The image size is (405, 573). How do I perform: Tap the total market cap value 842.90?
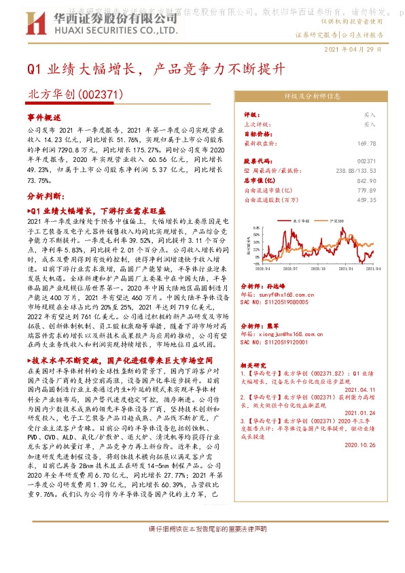(x=366, y=181)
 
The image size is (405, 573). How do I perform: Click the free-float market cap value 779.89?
(x=366, y=191)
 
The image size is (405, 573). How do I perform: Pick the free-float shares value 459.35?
(x=366, y=200)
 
